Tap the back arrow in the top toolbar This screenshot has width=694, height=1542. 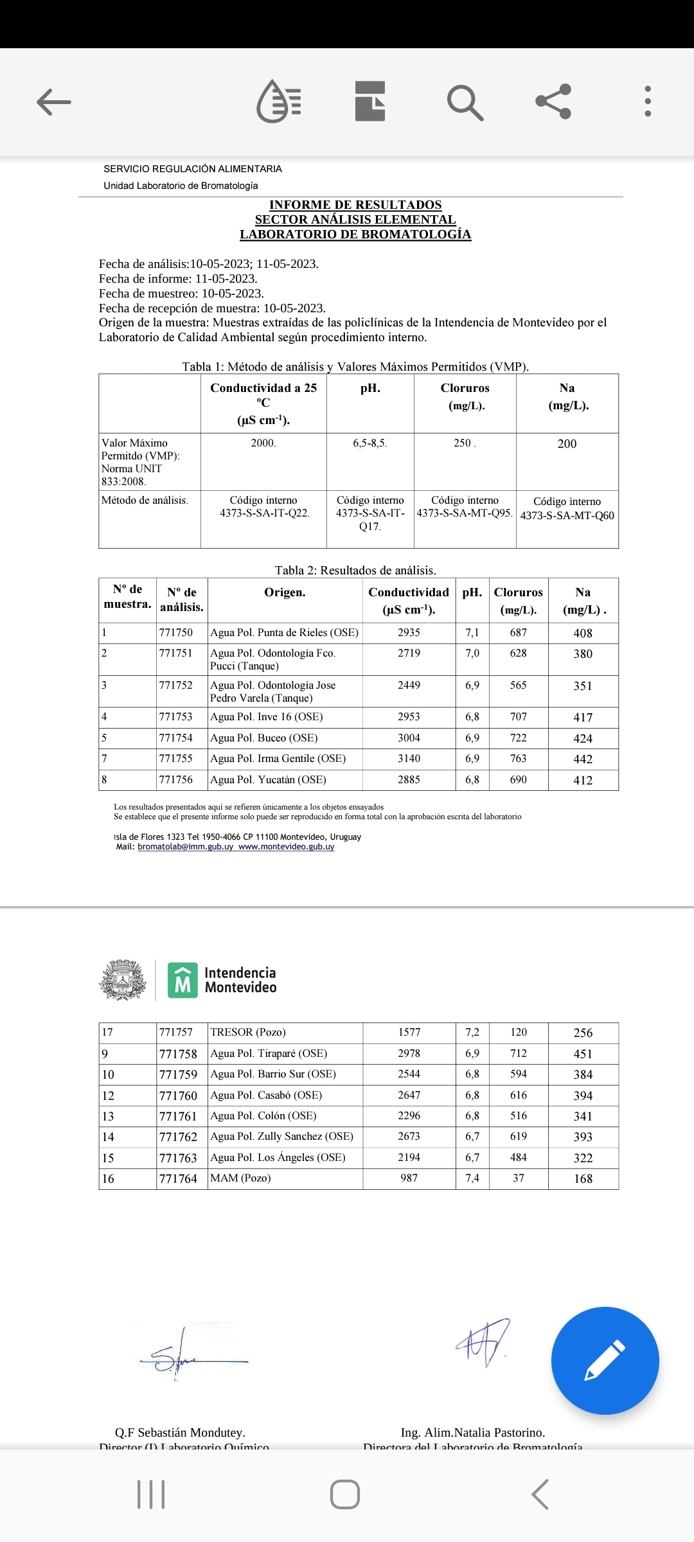54,102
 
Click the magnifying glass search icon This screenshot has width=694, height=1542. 465,102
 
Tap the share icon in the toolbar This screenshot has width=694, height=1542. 553,102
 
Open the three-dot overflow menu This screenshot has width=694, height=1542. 648,102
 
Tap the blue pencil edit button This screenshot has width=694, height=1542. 605,1360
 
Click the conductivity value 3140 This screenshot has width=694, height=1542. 409,759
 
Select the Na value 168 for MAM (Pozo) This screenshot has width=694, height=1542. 583,1179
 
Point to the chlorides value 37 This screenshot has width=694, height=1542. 519,1178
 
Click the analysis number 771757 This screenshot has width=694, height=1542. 176,1032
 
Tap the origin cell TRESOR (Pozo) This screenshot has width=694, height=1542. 248,1032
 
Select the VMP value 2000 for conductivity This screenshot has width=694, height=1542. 263,443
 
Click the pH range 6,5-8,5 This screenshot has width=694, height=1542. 370,443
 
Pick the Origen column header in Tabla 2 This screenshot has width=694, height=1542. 285,592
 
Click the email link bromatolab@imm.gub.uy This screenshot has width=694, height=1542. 185,847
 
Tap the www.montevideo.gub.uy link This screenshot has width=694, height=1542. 287,847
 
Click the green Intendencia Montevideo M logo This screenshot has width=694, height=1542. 182,980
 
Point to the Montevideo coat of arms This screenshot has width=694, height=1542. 122,980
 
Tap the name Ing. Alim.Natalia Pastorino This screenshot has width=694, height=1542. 473,1433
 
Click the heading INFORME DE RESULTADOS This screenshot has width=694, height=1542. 355,205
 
